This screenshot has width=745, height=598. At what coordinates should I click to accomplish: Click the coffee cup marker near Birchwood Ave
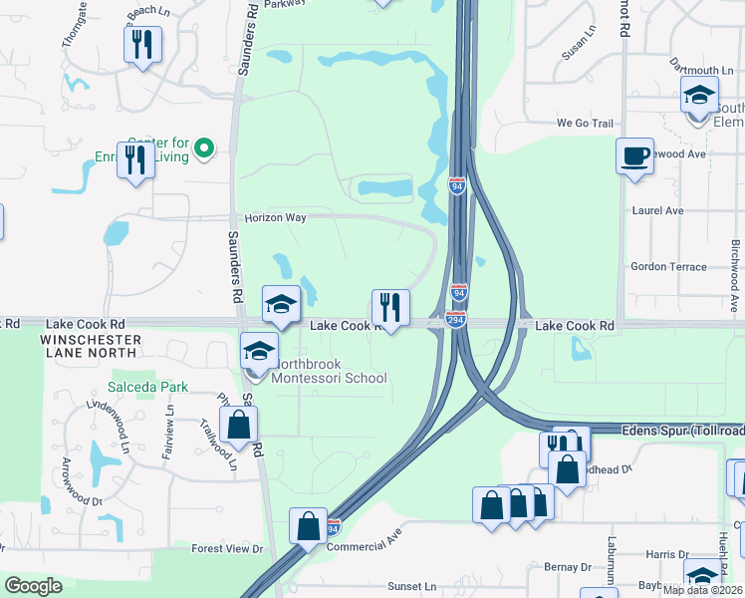click(634, 156)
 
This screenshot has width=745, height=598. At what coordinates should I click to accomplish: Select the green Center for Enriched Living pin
click(204, 149)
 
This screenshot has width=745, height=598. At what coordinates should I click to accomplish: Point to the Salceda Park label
click(144, 387)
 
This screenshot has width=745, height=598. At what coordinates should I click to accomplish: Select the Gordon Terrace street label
click(668, 267)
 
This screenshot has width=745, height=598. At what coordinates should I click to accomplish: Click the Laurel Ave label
click(658, 211)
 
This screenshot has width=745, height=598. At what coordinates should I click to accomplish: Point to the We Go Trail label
click(586, 124)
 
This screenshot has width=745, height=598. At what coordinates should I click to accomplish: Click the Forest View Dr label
click(227, 548)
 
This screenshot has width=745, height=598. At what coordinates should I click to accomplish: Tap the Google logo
click(33, 586)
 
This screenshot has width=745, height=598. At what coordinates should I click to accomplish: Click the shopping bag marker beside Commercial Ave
click(308, 524)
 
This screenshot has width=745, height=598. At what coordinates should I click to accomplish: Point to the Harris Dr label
click(666, 554)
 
